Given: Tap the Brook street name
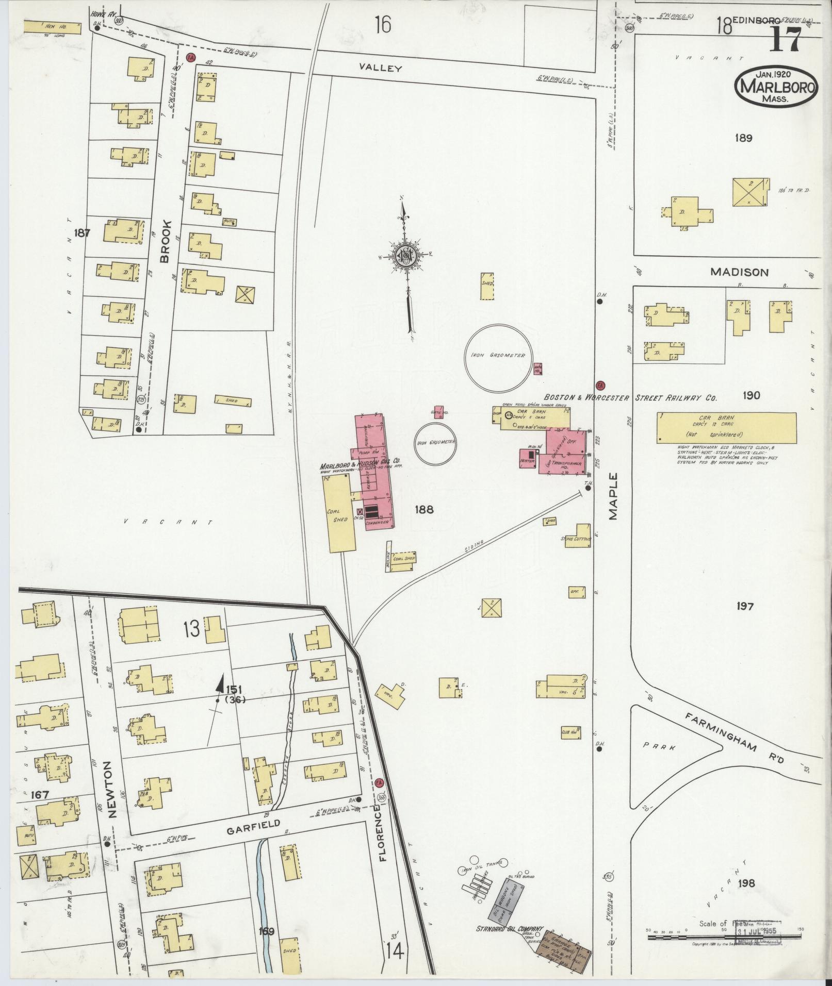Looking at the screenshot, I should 165,242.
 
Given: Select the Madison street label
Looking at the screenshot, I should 739,272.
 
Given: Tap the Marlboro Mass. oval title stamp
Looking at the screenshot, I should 776,87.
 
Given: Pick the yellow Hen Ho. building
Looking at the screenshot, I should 53,28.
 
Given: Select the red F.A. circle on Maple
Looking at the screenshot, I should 600,386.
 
